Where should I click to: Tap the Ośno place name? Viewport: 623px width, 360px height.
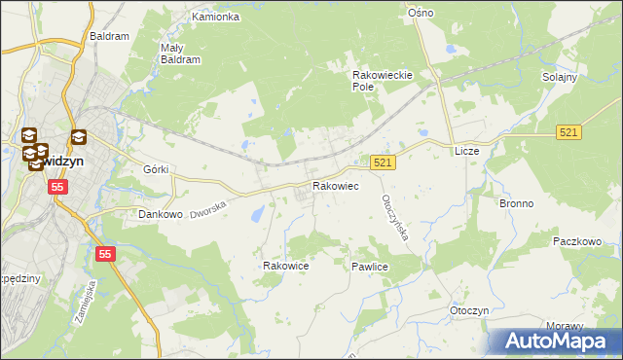click(x=421, y=13)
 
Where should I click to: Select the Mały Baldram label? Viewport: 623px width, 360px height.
click(x=180, y=53)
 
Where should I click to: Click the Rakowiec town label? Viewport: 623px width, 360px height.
click(x=335, y=186)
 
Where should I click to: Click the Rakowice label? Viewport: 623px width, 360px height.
click(x=286, y=265)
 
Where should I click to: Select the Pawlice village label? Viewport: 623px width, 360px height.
click(x=370, y=266)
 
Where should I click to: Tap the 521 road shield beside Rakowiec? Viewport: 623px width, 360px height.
click(x=383, y=163)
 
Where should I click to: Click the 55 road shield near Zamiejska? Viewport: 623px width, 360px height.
click(x=105, y=254)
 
